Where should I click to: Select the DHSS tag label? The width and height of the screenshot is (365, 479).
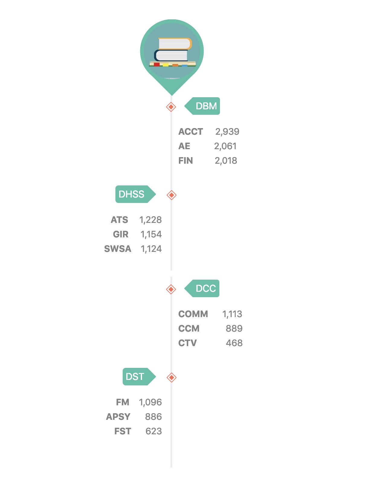click(132, 194)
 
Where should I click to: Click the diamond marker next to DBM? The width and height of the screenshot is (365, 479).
click(171, 107)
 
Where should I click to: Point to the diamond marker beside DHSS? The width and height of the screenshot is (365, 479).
click(171, 195)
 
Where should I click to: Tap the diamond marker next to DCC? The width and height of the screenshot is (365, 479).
click(171, 289)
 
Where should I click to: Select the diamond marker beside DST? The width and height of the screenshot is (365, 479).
click(171, 378)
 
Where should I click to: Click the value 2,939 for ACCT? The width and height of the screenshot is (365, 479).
click(227, 132)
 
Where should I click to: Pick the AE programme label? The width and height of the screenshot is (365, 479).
click(184, 146)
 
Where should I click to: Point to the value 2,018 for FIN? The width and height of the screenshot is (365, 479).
click(226, 161)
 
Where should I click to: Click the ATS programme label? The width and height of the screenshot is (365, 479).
click(119, 220)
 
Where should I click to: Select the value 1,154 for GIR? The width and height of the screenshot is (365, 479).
click(151, 234)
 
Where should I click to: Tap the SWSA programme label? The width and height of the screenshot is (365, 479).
click(118, 249)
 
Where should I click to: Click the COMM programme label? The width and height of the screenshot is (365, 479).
click(193, 314)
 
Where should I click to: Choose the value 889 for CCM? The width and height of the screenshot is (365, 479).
click(234, 329)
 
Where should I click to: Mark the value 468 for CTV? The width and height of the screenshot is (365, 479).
click(234, 343)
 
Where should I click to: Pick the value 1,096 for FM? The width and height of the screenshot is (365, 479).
click(150, 402)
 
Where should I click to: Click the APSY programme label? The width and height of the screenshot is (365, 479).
click(118, 417)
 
